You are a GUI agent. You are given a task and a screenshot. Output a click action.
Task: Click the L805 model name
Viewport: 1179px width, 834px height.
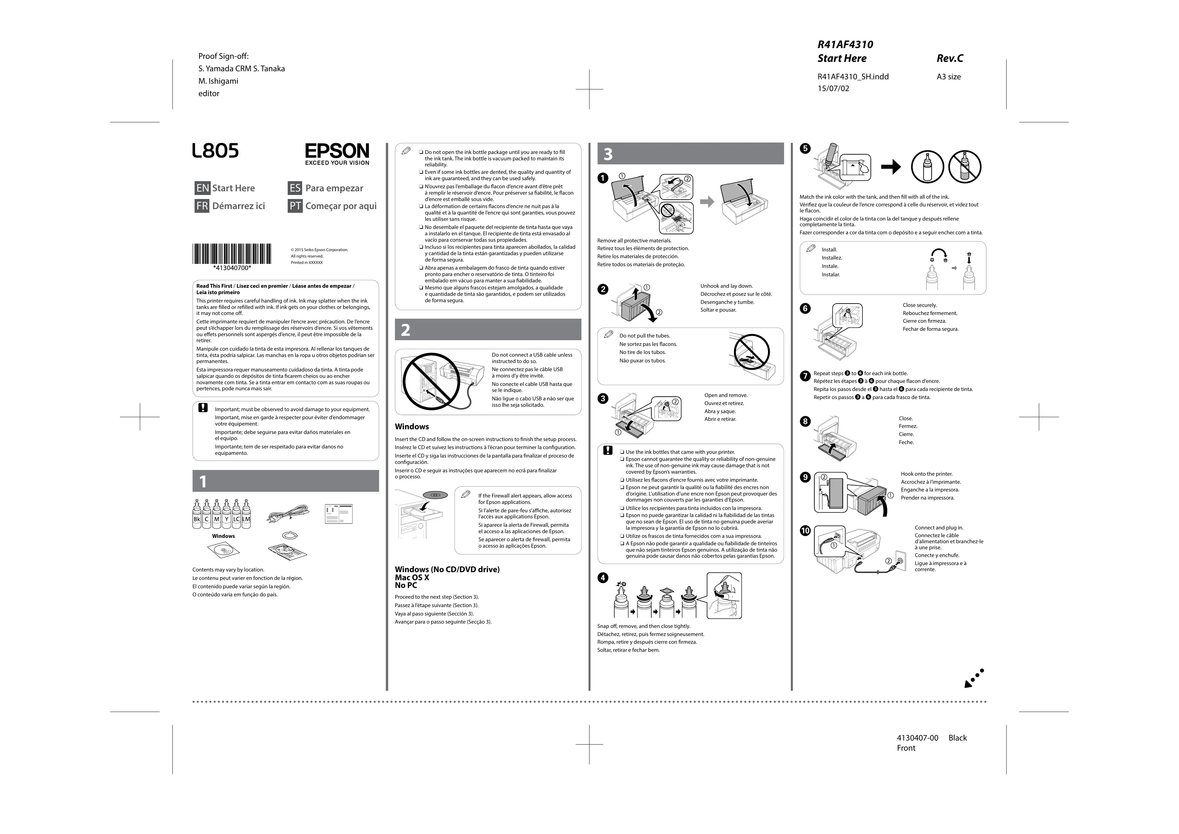pos(216,151)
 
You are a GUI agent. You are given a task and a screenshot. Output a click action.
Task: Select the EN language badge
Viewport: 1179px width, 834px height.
pos(202,188)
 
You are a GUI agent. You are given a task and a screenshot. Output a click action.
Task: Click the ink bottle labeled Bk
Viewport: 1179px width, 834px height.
pos(197,515)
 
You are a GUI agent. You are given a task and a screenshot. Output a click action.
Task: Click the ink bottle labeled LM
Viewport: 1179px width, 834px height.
pos(246,515)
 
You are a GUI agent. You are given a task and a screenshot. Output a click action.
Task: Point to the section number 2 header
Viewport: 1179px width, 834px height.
pos(406,330)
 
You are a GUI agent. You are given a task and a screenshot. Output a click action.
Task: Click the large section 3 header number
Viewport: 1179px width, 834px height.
pos(608,154)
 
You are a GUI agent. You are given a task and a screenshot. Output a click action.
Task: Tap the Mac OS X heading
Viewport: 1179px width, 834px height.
pos(412,577)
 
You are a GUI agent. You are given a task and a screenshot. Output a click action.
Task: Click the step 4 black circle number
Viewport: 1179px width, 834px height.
pos(603,578)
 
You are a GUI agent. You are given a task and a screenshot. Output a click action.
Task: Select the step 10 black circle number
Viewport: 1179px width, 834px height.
pos(805,530)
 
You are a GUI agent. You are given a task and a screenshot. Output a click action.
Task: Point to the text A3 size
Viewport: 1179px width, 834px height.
pos(948,77)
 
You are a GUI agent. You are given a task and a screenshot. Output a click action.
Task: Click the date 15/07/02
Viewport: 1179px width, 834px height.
pos(833,88)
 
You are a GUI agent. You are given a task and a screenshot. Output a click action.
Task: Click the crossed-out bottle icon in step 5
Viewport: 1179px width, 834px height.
pos(964,167)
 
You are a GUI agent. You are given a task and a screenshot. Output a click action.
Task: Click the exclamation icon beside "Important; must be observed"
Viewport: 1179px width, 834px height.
pos(203,408)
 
